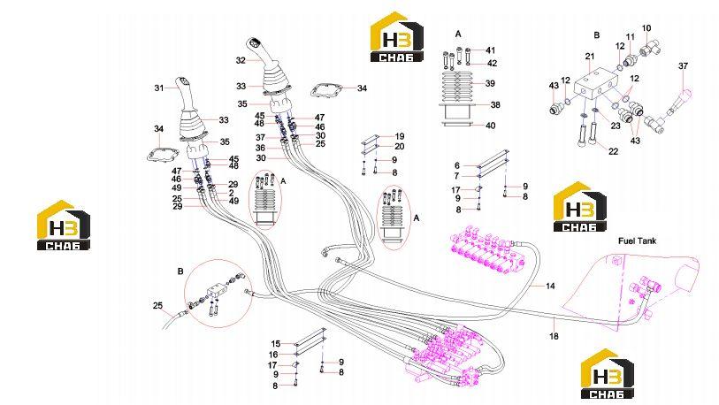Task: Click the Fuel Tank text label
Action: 637,241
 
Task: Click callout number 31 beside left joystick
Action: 158,88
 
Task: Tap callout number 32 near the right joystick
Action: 241,60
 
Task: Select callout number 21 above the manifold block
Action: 590,57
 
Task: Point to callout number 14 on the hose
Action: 550,287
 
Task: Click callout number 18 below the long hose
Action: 554,336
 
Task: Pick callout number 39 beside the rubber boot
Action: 490,83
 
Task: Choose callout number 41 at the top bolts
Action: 491,50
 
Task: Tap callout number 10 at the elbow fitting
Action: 646,28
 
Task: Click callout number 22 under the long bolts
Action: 613,151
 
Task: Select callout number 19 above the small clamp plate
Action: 400,136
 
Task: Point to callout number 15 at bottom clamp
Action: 276,343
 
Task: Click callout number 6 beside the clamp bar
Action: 456,165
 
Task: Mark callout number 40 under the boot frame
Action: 490,126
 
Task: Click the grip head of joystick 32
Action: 254,46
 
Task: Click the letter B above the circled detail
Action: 180,271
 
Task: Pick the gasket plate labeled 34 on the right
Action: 327,90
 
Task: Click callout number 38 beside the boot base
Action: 495,104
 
